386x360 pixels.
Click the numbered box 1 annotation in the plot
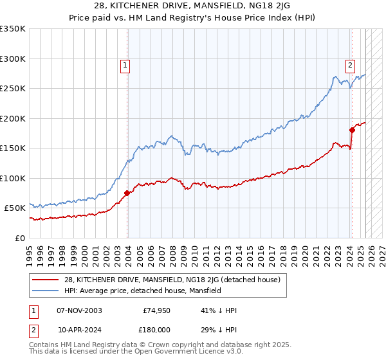pyautogui.click(x=124, y=64)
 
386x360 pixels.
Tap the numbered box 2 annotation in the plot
pyautogui.click(x=350, y=64)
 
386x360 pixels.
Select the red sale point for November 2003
pyautogui.click(x=127, y=193)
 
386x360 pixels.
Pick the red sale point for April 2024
pyautogui.click(x=352, y=130)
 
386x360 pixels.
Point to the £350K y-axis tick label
pyautogui.click(x=13, y=29)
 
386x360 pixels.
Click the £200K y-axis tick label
pyautogui.click(x=13, y=118)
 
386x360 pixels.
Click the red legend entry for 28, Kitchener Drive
pyautogui.click(x=172, y=280)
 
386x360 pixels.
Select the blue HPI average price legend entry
pyautogui.click(x=142, y=291)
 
